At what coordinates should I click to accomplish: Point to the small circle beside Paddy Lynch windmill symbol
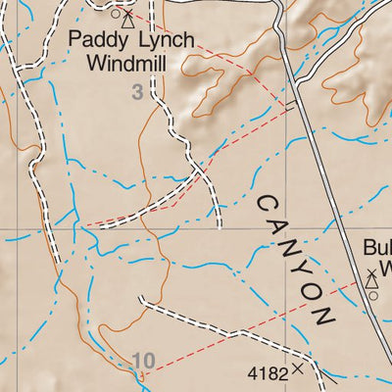[x=115, y=15]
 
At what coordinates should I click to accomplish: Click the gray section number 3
[x=138, y=92]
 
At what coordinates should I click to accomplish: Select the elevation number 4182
[x=267, y=372]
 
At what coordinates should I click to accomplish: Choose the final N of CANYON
[x=322, y=317]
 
